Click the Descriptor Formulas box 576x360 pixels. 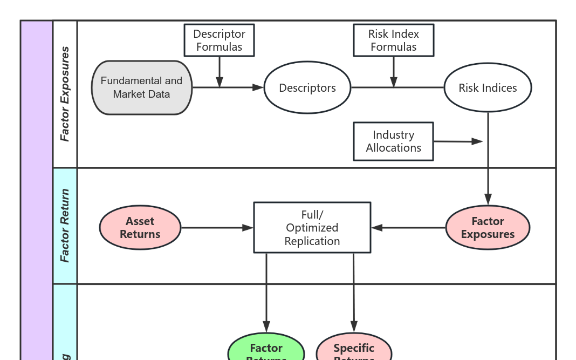(x=219, y=40)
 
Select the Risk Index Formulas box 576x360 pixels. (x=393, y=40)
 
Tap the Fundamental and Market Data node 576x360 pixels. (x=141, y=87)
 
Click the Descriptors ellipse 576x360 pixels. (x=307, y=88)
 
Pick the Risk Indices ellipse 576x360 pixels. (x=488, y=88)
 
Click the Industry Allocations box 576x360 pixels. (x=393, y=141)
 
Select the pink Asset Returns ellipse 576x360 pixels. (x=140, y=228)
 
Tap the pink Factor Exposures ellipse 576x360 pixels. (x=488, y=228)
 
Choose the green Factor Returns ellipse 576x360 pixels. (x=266, y=350)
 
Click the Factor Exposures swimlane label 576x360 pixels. (x=65, y=94)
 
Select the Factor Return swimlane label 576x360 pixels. (x=65, y=226)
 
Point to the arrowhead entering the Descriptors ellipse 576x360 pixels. (x=258, y=87)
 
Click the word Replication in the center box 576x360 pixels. (x=312, y=241)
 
